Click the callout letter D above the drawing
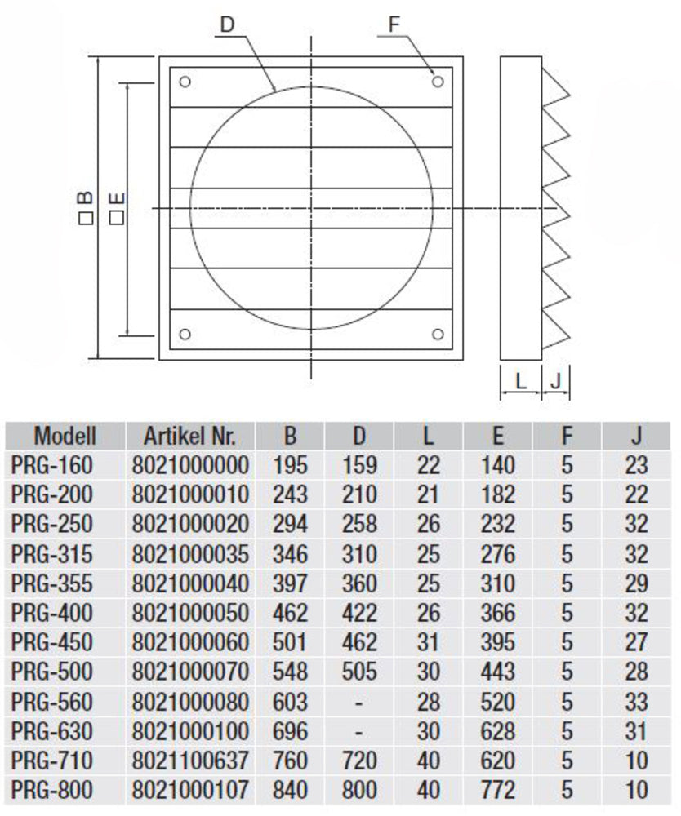tap(228, 24)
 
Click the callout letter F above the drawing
tap(394, 24)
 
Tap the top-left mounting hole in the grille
tap(185, 82)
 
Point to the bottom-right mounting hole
tap(438, 334)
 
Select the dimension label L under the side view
tap(520, 381)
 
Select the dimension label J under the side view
tap(555, 381)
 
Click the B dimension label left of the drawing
tap(87, 209)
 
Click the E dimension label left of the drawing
tap(116, 209)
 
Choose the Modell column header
tap(65, 435)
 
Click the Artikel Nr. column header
tap(189, 435)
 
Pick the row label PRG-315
tap(52, 554)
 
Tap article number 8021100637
tap(189, 761)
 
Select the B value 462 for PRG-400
tap(292, 613)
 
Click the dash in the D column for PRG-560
tap(359, 702)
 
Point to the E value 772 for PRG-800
tap(498, 790)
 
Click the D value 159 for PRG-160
tap(359, 466)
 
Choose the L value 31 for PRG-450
tap(428, 642)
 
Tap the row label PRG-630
tap(52, 731)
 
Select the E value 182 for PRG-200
tap(498, 495)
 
